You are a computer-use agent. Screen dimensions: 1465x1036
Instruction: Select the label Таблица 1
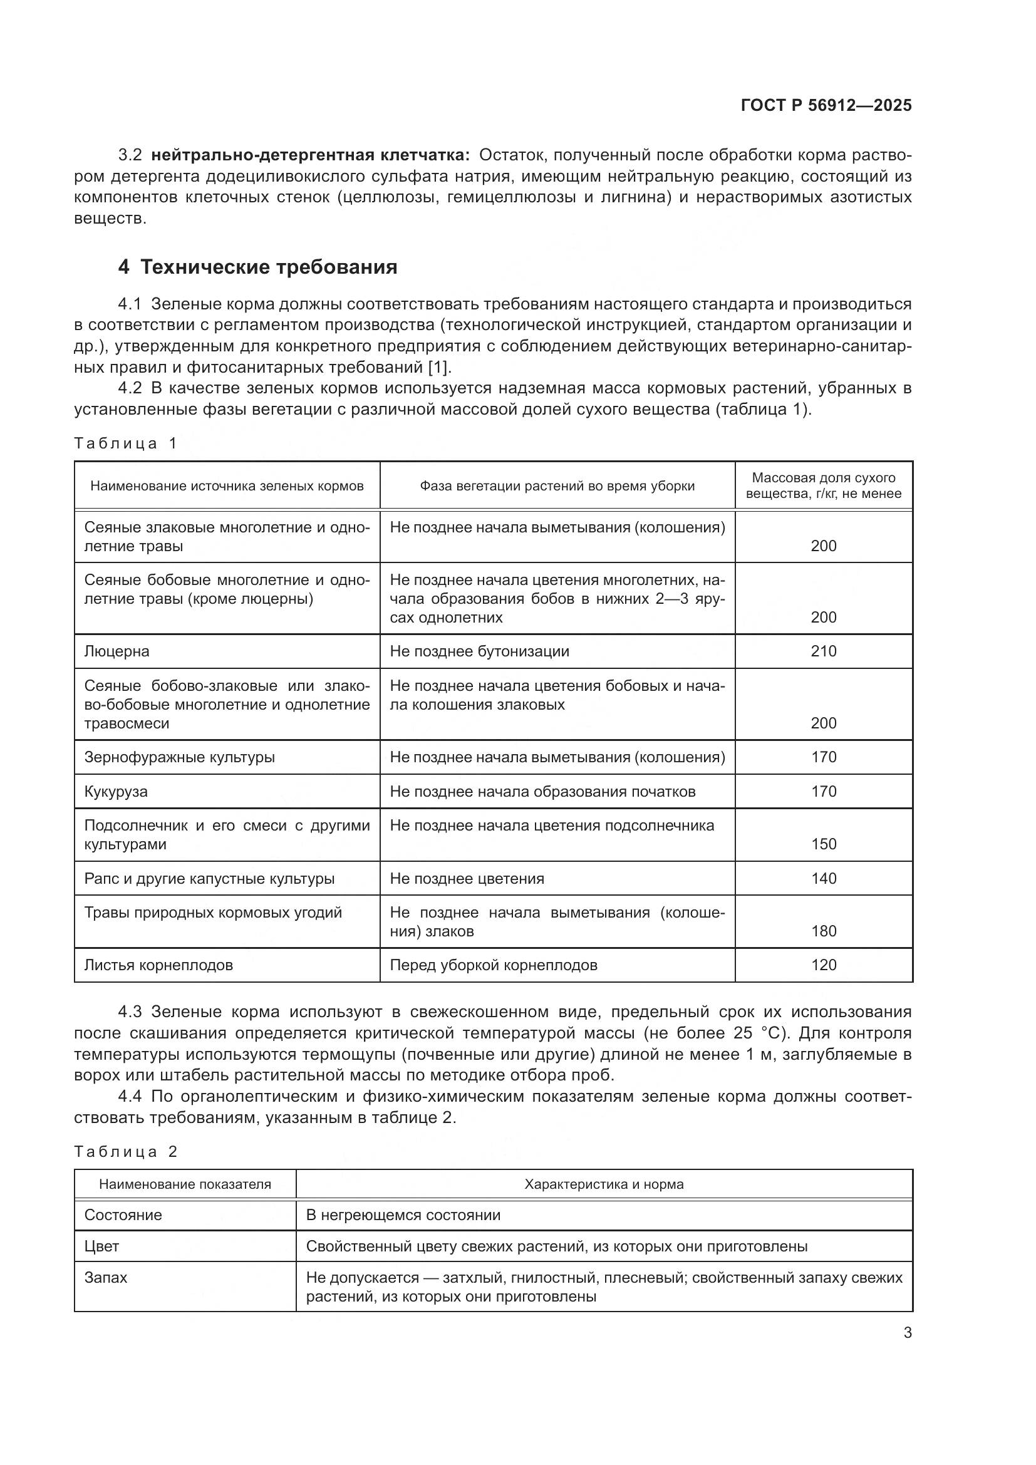(x=125, y=443)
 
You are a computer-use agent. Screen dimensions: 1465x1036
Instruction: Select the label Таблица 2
(x=125, y=1151)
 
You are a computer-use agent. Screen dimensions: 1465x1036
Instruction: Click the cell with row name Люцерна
(x=117, y=651)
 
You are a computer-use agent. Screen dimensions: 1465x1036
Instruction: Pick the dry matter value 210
(x=823, y=651)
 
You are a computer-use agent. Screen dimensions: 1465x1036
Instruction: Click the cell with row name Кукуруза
(x=116, y=792)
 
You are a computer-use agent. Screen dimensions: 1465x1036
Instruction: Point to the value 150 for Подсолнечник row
(x=823, y=844)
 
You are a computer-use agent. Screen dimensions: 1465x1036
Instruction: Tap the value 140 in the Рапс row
(x=823, y=879)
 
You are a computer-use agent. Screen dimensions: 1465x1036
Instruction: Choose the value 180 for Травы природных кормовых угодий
(x=823, y=931)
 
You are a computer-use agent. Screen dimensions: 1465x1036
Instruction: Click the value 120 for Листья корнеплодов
(x=823, y=965)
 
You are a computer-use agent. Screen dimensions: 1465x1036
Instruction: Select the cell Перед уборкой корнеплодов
(x=493, y=965)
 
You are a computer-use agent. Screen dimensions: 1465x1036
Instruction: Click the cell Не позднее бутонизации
(x=479, y=651)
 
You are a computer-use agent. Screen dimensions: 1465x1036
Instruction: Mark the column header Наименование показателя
(x=185, y=1184)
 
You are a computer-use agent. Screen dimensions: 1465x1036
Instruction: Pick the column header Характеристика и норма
(x=603, y=1184)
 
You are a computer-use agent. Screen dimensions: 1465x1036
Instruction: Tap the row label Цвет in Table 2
(x=102, y=1246)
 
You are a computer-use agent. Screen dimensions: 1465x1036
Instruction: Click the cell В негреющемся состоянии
(x=403, y=1215)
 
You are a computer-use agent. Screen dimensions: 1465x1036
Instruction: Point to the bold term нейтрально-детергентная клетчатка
(x=311, y=155)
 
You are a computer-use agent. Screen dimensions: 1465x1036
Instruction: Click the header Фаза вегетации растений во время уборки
(x=557, y=485)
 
